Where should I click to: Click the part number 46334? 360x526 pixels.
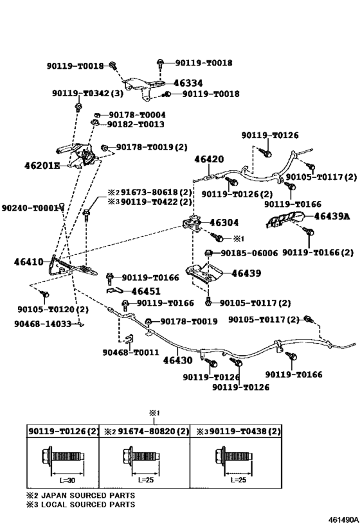pyautogui.click(x=188, y=83)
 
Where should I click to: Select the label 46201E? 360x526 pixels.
pyautogui.click(x=42, y=166)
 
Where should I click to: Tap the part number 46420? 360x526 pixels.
pyautogui.click(x=209, y=159)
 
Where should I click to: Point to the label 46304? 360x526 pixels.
pyautogui.click(x=224, y=222)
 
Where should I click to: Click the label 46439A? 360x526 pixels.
pyautogui.click(x=332, y=216)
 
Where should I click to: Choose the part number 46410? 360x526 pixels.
pyautogui.click(x=29, y=261)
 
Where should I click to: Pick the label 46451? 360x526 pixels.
pyautogui.click(x=146, y=291)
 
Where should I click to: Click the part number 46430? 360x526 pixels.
pyautogui.click(x=177, y=360)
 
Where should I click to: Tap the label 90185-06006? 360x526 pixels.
pyautogui.click(x=249, y=253)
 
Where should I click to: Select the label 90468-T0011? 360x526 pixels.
pyautogui.click(x=130, y=352)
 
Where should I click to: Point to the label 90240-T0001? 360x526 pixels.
pyautogui.click(x=30, y=208)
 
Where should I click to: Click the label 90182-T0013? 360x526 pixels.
pyautogui.click(x=136, y=125)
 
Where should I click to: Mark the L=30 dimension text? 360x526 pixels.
pyautogui.click(x=67, y=480)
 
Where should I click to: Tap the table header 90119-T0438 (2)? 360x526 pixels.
pyautogui.click(x=245, y=431)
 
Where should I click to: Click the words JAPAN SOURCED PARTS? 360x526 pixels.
pyautogui.click(x=88, y=495)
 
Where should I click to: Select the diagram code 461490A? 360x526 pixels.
pyautogui.click(x=343, y=520)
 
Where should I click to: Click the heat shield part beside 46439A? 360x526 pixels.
pyautogui.click(x=285, y=220)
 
